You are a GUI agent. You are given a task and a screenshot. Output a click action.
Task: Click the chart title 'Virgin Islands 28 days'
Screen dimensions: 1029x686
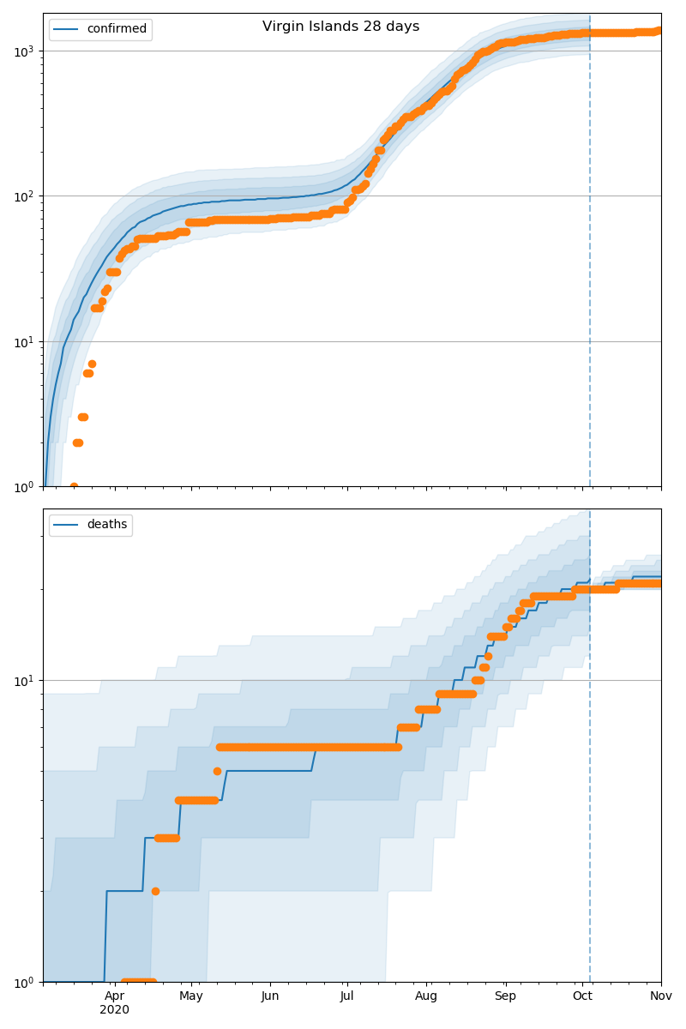coord(340,27)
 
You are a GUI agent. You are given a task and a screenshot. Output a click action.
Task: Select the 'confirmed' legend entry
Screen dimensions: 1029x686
coord(117,29)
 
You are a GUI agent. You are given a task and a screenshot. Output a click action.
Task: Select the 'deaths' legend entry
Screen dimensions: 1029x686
coord(106,525)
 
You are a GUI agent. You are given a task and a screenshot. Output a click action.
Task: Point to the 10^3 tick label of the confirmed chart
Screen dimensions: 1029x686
coord(27,51)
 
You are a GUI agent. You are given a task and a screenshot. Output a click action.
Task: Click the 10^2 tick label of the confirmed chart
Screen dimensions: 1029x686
coord(27,196)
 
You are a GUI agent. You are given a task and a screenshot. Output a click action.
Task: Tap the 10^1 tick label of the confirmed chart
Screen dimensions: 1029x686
coord(27,341)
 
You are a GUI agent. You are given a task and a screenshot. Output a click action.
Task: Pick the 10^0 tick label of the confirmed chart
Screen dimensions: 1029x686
coord(27,486)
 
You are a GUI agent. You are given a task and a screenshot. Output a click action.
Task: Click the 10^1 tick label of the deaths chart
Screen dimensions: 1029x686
coord(27,681)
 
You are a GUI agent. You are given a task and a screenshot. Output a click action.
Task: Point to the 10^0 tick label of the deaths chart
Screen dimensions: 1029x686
coord(27,982)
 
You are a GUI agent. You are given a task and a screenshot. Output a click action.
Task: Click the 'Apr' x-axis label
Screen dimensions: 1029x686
coord(114,996)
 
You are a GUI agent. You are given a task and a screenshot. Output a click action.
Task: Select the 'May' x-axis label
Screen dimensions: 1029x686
coord(191,996)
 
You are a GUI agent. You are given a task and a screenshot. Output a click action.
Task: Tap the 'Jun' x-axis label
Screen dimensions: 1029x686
coord(270,996)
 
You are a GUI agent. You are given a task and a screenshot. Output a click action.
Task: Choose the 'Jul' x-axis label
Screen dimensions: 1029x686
coord(346,996)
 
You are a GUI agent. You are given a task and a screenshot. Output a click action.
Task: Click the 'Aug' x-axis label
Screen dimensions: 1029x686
coord(426,996)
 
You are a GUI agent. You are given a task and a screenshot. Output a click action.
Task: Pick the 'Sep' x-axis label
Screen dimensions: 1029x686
coord(505,996)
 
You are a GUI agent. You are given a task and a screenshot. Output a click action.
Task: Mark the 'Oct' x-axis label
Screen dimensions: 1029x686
coord(582,996)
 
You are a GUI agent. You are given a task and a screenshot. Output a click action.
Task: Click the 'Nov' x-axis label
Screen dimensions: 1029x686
coord(660,996)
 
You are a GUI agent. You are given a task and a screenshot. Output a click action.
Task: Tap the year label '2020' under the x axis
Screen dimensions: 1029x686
coord(114,1010)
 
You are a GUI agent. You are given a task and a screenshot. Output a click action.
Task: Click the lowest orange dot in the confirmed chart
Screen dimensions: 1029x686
coord(74,486)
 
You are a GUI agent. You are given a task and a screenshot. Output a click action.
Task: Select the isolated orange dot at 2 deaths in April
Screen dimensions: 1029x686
coord(155,891)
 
